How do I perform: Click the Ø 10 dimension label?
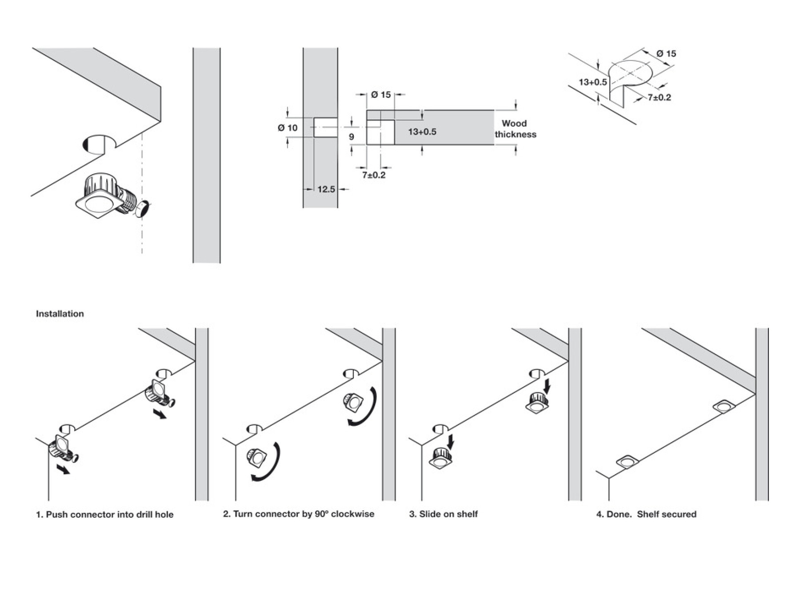click(x=288, y=128)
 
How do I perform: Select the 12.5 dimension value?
click(x=326, y=189)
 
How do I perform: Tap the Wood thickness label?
click(x=515, y=129)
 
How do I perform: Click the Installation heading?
click(x=60, y=314)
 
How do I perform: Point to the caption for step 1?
click(x=105, y=515)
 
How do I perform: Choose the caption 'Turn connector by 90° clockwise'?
click(x=299, y=514)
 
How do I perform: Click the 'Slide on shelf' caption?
click(x=444, y=514)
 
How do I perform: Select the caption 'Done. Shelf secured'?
click(x=646, y=514)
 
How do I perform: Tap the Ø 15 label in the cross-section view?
click(x=381, y=95)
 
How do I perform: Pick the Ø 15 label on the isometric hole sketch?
click(x=666, y=54)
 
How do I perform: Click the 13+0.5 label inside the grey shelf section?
click(x=422, y=132)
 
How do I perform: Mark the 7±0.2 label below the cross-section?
click(x=374, y=175)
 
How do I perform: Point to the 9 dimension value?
click(x=352, y=136)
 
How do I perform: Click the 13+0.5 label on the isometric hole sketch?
click(x=592, y=82)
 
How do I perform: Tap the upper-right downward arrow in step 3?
click(x=547, y=385)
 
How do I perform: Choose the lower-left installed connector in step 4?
click(x=627, y=462)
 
